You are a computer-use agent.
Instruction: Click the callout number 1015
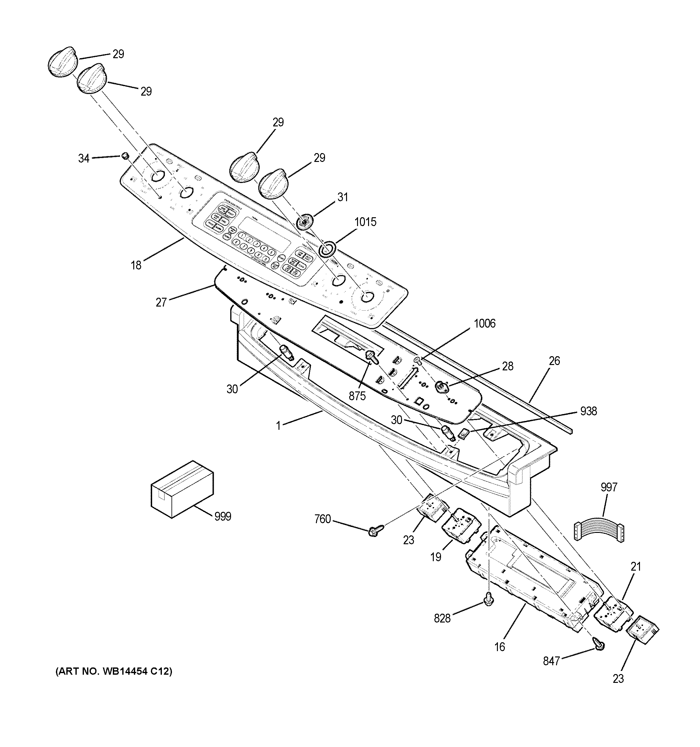365,222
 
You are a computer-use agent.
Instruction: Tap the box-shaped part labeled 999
182,489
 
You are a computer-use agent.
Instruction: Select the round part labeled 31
304,222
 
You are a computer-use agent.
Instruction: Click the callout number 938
588,411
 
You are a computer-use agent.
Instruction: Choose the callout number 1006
484,324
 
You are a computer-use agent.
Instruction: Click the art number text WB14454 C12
113,672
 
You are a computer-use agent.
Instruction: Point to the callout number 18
136,265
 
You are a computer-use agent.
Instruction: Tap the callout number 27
161,302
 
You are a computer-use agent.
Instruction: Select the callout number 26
554,361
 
